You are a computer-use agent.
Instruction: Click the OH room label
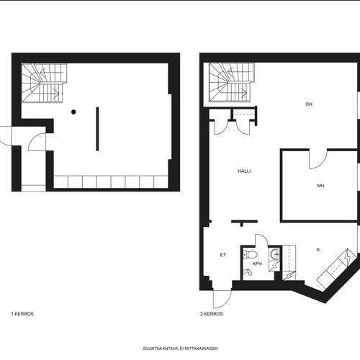309,104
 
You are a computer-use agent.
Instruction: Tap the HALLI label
244,171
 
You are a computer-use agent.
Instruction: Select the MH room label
320,186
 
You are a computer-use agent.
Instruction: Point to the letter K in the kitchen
318,250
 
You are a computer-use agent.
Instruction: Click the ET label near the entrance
223,255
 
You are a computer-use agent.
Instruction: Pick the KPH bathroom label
257,264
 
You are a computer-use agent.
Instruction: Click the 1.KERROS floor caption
22,314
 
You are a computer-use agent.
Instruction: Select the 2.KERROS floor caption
212,314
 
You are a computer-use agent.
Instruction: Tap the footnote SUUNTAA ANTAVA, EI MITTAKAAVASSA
181,348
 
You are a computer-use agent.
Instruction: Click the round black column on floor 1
73,112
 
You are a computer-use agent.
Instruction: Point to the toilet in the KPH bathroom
251,254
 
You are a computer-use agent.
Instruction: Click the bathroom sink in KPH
275,253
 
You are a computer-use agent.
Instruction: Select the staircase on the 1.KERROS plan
44,83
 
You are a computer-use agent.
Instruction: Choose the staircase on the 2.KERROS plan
231,83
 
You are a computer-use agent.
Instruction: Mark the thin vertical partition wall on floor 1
97,129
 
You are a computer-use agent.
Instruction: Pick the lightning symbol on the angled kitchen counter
348,257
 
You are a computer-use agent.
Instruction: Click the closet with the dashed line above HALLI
243,114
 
